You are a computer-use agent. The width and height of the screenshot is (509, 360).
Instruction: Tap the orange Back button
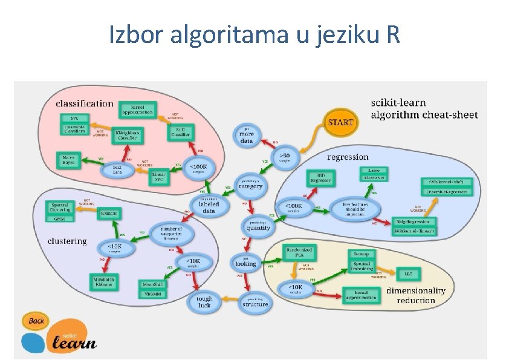click(x=36, y=321)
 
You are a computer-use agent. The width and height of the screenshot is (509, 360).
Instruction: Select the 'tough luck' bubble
click(x=205, y=302)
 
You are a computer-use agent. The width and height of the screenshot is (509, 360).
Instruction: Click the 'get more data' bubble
click(x=246, y=136)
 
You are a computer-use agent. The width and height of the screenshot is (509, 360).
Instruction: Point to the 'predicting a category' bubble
click(x=250, y=184)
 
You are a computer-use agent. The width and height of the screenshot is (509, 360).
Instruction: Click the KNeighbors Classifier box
click(x=127, y=136)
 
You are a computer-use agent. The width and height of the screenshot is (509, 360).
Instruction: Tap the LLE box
click(x=408, y=273)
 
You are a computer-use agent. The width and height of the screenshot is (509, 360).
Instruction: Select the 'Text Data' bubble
click(x=117, y=170)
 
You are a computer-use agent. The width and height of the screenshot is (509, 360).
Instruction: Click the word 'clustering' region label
click(x=67, y=241)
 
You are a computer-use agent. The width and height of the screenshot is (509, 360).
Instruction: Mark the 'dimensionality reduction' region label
click(x=416, y=295)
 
